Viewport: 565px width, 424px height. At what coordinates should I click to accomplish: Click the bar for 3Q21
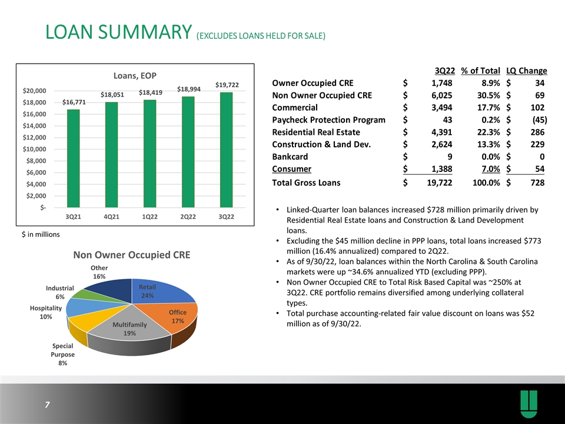click(73, 158)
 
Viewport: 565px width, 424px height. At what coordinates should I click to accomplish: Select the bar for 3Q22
click(226, 150)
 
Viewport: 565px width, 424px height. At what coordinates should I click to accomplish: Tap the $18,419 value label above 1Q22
click(151, 92)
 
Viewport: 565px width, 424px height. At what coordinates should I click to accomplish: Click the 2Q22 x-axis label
click(188, 217)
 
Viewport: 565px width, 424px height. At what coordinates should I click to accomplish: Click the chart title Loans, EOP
click(135, 76)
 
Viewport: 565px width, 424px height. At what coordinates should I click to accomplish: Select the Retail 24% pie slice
click(158, 291)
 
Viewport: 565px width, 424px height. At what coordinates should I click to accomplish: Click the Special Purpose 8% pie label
click(63, 355)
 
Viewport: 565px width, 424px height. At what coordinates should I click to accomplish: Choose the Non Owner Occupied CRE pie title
click(131, 255)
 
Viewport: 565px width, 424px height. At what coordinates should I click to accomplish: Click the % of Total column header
click(480, 71)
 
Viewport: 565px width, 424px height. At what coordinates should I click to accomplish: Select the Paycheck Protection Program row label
click(328, 120)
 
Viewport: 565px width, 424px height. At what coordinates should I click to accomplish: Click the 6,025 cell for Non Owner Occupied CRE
click(442, 95)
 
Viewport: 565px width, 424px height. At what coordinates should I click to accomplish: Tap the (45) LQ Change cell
click(540, 120)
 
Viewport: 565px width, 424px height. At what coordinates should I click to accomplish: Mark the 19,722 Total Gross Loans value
click(440, 183)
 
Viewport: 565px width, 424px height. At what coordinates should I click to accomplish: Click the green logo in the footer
click(529, 404)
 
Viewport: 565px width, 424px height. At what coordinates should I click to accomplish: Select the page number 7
click(47, 405)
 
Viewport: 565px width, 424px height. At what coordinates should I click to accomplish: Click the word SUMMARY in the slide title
click(145, 32)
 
